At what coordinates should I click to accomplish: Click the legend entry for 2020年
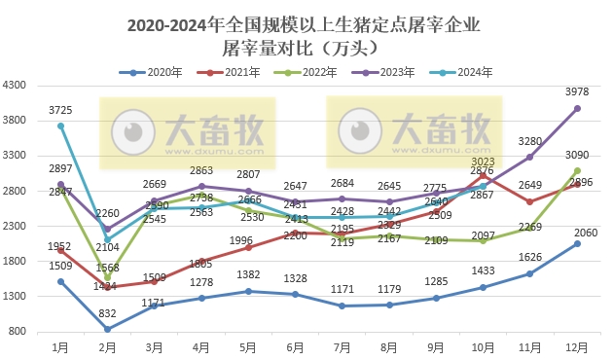tap(153, 72)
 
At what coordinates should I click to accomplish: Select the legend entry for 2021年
tap(234, 72)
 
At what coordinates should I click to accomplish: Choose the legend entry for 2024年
tap(467, 72)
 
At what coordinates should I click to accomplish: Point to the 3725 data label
tap(60, 109)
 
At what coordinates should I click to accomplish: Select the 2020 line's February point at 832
tap(107, 329)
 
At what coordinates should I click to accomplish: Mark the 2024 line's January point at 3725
tap(60, 126)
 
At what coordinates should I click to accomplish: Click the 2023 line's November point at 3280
tap(530, 157)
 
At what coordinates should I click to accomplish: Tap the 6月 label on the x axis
tap(295, 346)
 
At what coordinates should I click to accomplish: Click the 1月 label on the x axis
tap(60, 346)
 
